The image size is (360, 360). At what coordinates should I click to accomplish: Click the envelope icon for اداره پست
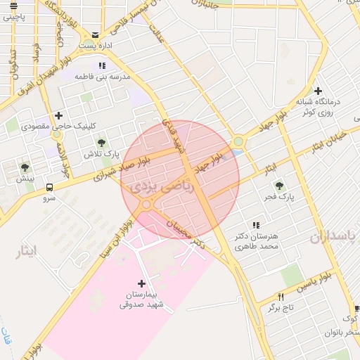(95, 34)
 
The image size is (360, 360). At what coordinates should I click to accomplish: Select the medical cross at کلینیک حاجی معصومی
(58, 115)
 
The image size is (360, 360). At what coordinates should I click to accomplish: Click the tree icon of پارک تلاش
(103, 143)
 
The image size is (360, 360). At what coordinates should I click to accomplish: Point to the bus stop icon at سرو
(49, 188)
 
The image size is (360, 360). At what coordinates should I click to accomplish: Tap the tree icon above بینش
(25, 167)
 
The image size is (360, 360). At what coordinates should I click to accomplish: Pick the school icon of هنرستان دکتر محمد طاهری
(255, 225)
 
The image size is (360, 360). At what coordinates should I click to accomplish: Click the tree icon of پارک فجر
(280, 186)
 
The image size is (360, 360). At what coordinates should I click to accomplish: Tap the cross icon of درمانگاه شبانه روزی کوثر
(319, 91)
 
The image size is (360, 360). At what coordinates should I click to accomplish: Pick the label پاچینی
(18, 15)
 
